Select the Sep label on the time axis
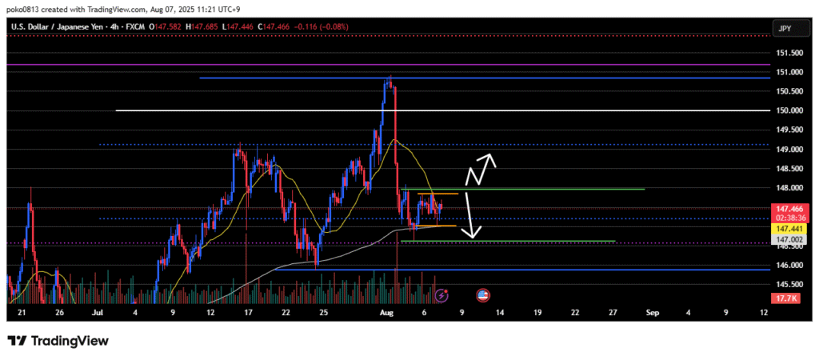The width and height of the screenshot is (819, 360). pyautogui.click(x=650, y=313)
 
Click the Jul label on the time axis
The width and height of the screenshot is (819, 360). pyautogui.click(x=97, y=313)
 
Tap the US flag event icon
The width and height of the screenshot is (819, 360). pyautogui.click(x=483, y=295)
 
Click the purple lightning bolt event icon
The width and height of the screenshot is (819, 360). pyautogui.click(x=442, y=295)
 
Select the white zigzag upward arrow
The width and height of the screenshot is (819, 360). pyautogui.click(x=482, y=164)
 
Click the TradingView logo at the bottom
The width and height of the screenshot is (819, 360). pyautogui.click(x=58, y=341)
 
